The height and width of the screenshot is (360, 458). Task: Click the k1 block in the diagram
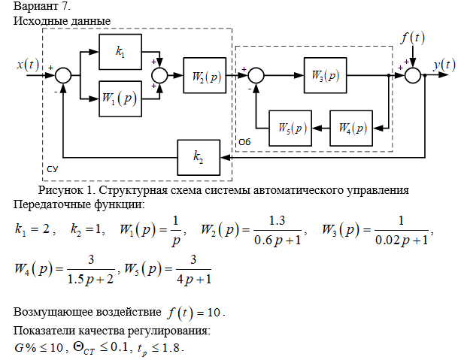(x=120, y=52)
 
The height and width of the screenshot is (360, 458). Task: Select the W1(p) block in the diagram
(x=120, y=99)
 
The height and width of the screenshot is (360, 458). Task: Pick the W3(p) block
(x=326, y=76)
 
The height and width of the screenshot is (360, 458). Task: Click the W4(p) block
(x=351, y=128)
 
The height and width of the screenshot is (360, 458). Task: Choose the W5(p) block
(x=290, y=128)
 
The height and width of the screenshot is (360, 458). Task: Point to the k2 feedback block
(x=198, y=157)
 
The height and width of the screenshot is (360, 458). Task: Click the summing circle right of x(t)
(x=63, y=76)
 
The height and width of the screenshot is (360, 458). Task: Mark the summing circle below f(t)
(x=414, y=76)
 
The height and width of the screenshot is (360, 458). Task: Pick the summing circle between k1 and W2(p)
(x=160, y=76)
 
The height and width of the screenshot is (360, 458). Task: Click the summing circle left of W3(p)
(x=256, y=76)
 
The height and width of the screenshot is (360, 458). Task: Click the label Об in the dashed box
(x=244, y=141)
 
